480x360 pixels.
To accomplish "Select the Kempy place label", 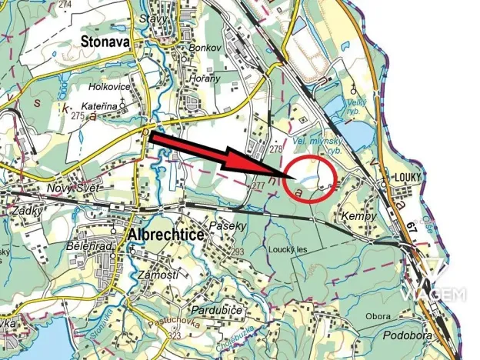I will [359, 217].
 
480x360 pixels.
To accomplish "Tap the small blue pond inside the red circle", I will [306, 178].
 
